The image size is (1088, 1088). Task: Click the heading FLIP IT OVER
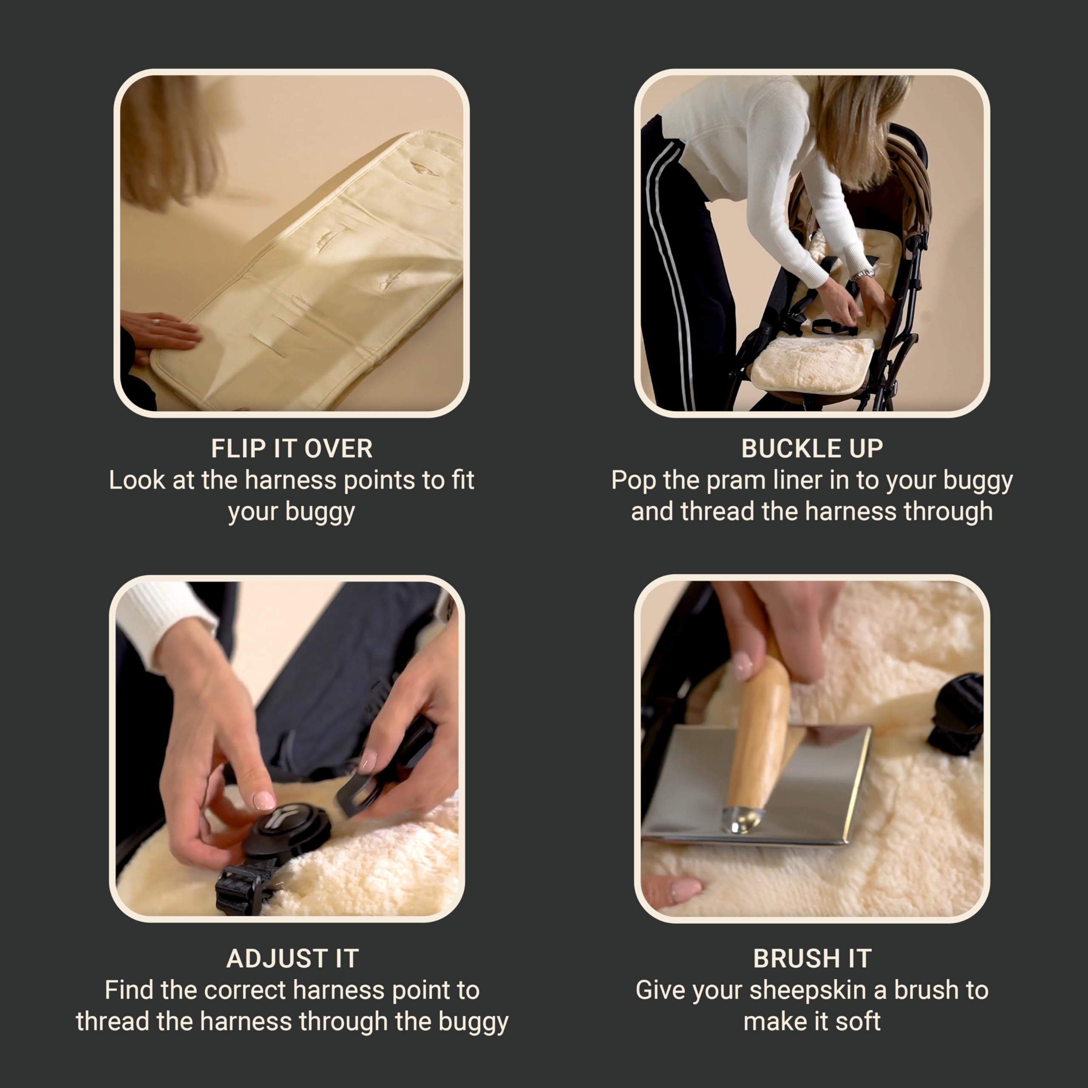[292, 449]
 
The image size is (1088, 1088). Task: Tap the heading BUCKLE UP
[812, 449]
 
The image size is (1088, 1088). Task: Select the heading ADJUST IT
[292, 958]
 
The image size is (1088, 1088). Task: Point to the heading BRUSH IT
[812, 958]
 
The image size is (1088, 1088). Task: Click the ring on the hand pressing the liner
[156, 322]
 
